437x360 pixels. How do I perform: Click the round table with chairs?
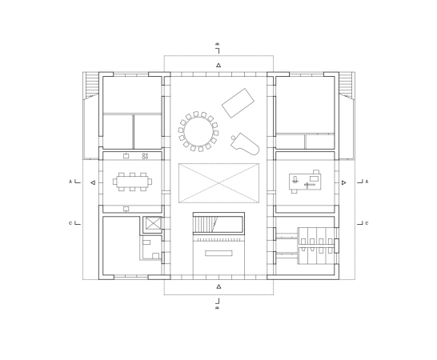pyautogui.click(x=198, y=130)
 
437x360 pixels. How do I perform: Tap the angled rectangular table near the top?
pyautogui.click(x=239, y=102)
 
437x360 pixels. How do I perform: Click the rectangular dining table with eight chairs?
pyautogui.click(x=133, y=182)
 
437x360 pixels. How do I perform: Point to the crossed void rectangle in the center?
pyautogui.click(x=218, y=183)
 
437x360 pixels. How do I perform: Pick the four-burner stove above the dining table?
pyautogui.click(x=146, y=155)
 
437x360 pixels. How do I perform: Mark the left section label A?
pyautogui.click(x=70, y=182)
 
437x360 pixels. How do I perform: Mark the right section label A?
pyautogui.click(x=367, y=182)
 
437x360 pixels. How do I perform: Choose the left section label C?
pyautogui.click(x=70, y=223)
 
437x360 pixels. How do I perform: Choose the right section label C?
pyautogui.click(x=367, y=223)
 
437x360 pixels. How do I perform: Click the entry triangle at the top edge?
pyautogui.click(x=218, y=64)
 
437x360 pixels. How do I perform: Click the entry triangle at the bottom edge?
pyautogui.click(x=218, y=286)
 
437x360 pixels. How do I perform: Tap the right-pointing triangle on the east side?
pyautogui.click(x=344, y=182)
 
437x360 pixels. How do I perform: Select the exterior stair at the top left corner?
pyautogui.click(x=92, y=83)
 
